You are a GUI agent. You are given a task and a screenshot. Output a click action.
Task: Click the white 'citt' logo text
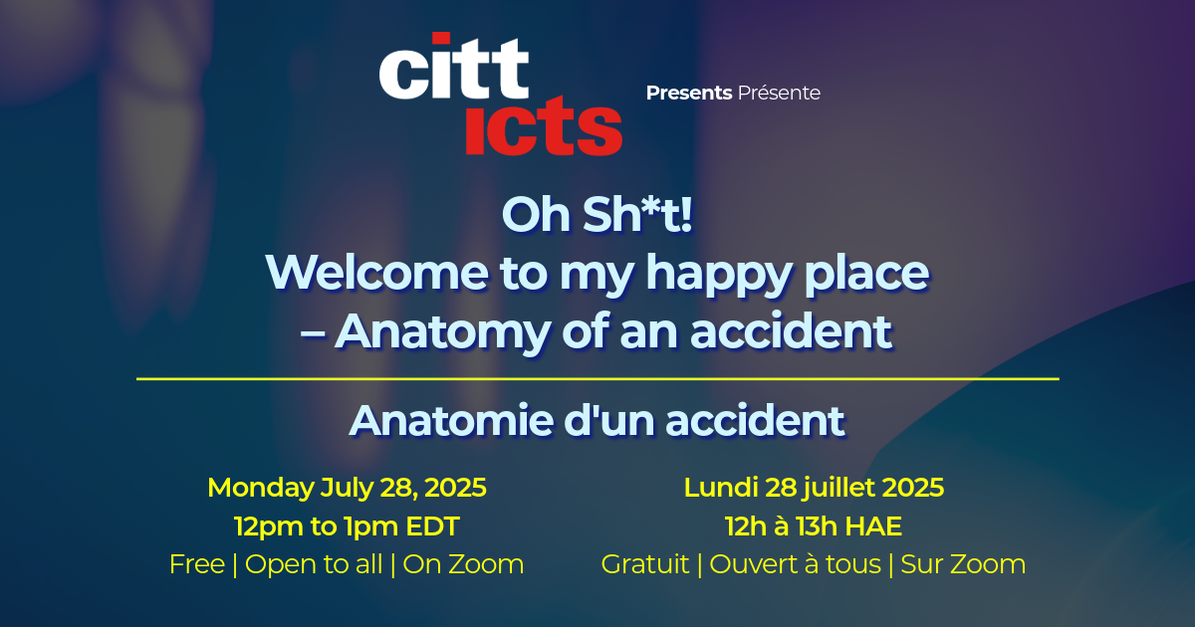coord(454,66)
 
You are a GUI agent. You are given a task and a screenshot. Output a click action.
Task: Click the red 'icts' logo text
coord(544,126)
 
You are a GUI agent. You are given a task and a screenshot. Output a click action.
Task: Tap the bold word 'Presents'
coord(689,93)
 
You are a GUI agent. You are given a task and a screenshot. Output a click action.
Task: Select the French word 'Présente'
coord(779,93)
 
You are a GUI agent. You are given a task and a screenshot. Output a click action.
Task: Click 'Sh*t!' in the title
coord(637,214)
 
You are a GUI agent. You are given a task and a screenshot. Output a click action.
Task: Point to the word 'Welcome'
coord(376,273)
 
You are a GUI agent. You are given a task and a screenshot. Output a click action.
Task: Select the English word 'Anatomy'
coord(443,333)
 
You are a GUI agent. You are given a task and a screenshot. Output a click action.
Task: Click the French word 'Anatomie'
coord(452,421)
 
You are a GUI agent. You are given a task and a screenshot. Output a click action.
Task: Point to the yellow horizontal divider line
coord(597,379)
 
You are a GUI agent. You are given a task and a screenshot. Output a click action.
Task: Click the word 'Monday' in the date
coord(261,489)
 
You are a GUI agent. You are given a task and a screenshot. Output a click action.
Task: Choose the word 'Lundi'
coord(721,488)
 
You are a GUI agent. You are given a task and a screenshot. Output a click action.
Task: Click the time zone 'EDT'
coord(432,526)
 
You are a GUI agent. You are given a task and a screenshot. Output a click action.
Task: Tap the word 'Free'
coord(197,564)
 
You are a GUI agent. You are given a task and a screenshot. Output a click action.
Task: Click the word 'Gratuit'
coord(645,564)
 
